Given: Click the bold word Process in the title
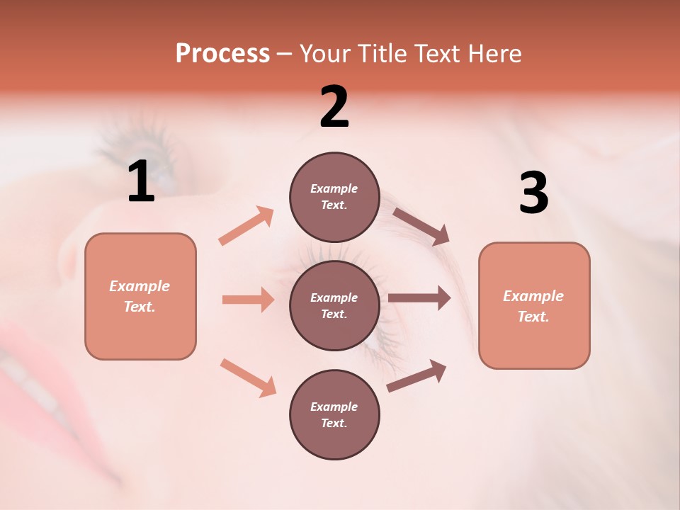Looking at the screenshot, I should point(222,54).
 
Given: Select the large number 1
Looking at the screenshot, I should point(141,182).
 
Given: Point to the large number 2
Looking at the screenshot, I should point(334,107).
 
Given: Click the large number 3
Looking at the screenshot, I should point(533,193).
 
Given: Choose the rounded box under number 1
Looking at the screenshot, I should point(140,296).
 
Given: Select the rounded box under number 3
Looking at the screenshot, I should point(534,305).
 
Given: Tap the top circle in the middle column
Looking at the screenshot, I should point(334,197).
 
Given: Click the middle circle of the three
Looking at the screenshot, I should point(334,305).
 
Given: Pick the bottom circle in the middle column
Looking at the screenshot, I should point(334,414).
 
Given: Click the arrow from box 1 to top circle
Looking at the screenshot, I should point(246,226).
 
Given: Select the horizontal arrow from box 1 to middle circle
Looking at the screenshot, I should point(248,300).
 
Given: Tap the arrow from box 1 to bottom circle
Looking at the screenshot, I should point(248,377).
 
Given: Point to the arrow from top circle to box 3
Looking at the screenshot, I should point(421,226).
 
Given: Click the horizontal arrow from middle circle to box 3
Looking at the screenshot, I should point(419,298).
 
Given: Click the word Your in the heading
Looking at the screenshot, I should point(324,54).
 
